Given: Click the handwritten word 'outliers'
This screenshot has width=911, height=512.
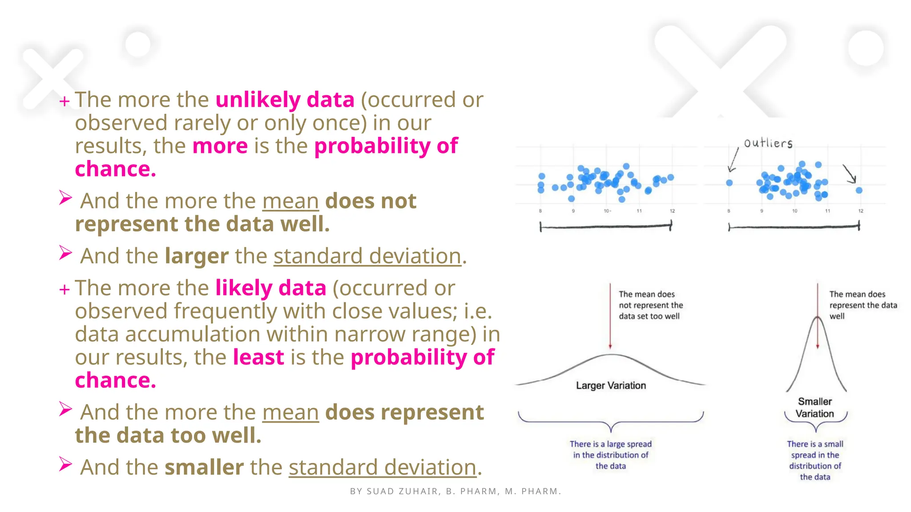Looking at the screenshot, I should tap(768, 143).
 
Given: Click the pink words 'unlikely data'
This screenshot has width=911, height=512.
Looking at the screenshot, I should tap(285, 100).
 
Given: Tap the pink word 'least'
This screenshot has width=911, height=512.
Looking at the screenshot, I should tap(258, 357).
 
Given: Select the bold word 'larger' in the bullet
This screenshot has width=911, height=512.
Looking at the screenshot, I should tap(197, 256).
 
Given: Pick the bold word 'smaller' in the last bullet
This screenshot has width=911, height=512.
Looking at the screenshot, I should tap(204, 467).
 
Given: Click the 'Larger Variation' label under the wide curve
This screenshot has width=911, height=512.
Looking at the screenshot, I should tap(611, 385).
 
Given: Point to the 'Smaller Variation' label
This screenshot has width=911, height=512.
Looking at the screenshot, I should tap(815, 408).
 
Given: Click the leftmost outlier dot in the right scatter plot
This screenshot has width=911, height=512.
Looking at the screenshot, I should tap(730, 183).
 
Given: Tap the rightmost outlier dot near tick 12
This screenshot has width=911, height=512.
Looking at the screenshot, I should tap(859, 190).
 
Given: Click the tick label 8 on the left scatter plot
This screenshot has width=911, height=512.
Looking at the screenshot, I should tap(540, 211).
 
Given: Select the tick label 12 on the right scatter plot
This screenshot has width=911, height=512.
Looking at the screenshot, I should tap(861, 211).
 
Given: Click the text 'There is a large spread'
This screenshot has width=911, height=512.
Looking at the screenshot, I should tap(611, 444).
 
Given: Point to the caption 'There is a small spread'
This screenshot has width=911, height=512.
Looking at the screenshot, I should tap(815, 449).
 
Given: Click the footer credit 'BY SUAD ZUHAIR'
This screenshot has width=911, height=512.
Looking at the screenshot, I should tap(395, 492).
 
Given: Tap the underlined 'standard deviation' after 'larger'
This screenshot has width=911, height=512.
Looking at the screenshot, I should tap(367, 256).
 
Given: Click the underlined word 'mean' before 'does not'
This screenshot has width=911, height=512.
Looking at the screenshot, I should tap(290, 201).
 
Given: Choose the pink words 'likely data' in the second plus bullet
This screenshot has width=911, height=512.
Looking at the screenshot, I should tap(271, 288).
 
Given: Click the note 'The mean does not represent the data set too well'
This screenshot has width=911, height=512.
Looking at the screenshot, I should tap(650, 305).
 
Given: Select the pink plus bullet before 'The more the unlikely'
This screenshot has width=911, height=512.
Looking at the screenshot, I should tap(64, 101).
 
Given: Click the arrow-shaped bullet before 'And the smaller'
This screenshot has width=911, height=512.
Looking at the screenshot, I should tap(65, 464).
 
